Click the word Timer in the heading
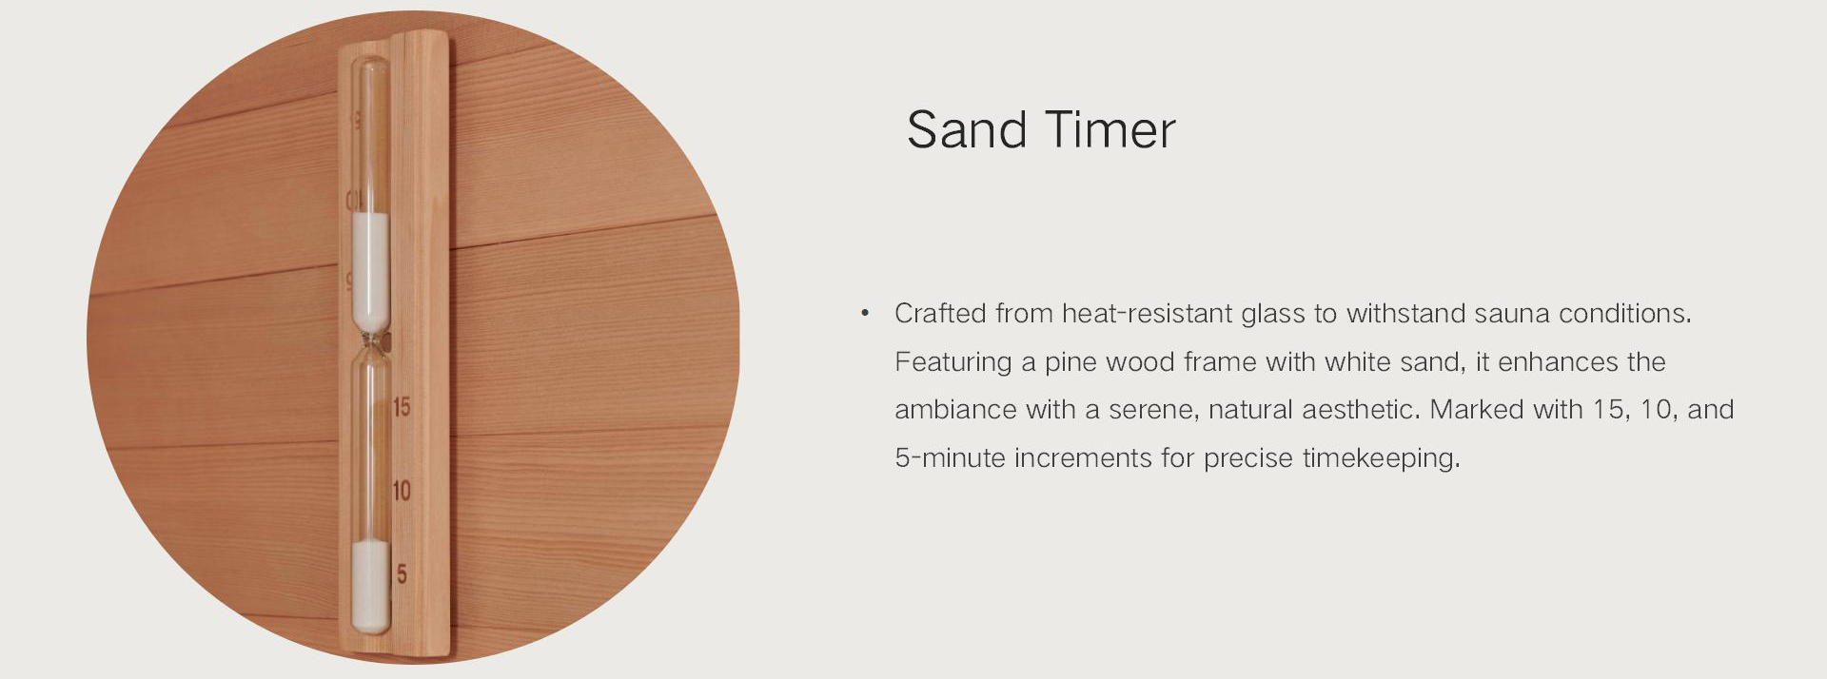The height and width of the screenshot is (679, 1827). [1110, 129]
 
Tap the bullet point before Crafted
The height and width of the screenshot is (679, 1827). [865, 313]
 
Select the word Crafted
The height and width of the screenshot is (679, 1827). [940, 313]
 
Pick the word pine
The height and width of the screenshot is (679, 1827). [1071, 362]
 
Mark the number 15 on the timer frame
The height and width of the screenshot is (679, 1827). [402, 407]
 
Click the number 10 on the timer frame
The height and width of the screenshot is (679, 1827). [402, 491]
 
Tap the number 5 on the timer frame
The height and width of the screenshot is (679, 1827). [402, 574]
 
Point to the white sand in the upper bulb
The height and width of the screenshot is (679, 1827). [371, 268]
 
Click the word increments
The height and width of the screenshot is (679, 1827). [1083, 458]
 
